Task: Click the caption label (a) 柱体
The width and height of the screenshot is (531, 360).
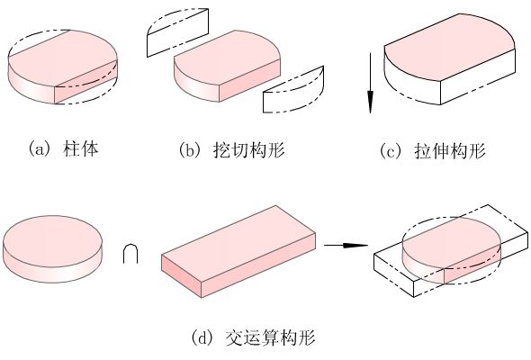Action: point(63,149)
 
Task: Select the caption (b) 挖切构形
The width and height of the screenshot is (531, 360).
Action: point(232,150)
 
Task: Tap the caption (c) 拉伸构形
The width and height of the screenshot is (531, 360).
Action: point(433,150)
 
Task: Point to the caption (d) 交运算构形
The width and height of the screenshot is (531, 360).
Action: point(253,337)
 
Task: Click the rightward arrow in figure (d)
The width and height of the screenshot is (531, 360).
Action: point(346,245)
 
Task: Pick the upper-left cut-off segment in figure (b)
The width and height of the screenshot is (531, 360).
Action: point(177,32)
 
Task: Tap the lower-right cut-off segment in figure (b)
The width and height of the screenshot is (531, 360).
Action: point(293,90)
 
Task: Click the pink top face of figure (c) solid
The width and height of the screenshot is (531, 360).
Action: point(450,48)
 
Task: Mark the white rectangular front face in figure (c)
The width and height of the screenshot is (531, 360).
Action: point(478,76)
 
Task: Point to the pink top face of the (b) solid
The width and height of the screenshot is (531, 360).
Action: point(227,57)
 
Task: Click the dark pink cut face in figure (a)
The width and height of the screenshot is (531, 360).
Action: point(86,83)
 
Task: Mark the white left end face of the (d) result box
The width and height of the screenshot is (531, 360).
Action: point(394,275)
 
